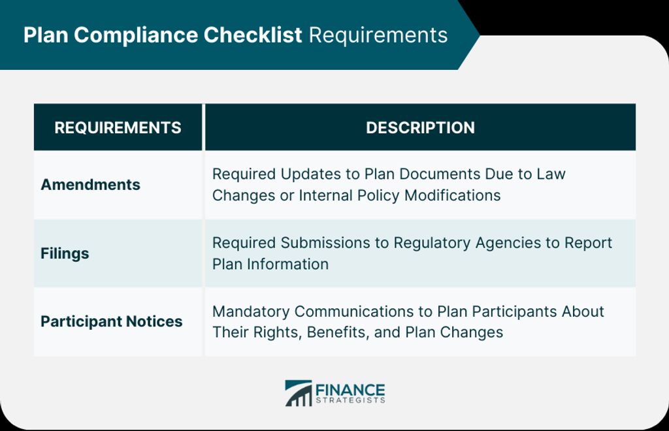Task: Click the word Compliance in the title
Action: coord(136,35)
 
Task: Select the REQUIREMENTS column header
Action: coord(118,127)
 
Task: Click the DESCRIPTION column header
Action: coord(420,127)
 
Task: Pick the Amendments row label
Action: coord(90,185)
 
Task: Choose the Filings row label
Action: coord(65,253)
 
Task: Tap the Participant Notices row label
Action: coord(111,321)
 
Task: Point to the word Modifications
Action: coord(452,195)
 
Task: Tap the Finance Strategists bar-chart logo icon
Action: coord(298,393)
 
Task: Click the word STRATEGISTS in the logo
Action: coord(350,400)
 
